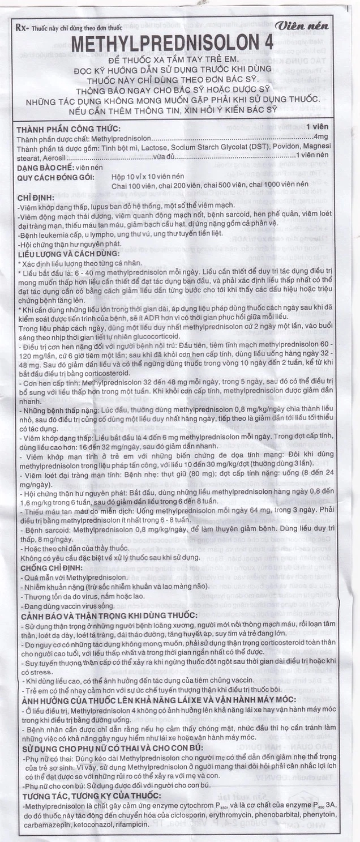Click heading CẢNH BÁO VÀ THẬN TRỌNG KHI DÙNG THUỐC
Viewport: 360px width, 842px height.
point(108,616)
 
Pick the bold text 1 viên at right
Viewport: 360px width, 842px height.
point(328,129)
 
